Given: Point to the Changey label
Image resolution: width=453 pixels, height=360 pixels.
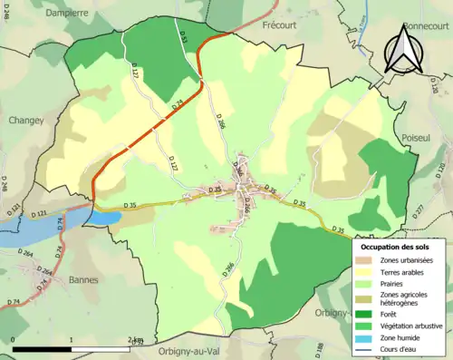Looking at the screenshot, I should tap(27, 119).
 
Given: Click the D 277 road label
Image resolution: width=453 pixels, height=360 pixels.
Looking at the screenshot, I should tap(419, 210).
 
